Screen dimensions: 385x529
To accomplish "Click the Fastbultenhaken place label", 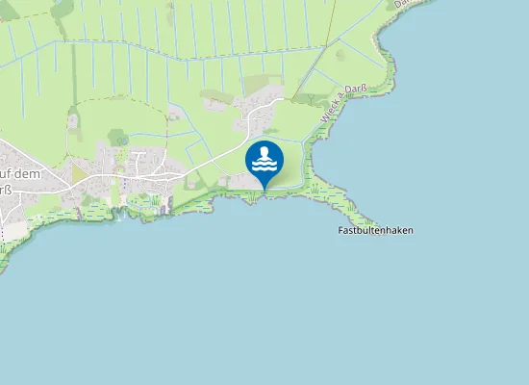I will coord(376,231).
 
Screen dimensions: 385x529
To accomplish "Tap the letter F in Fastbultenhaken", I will coord(341,231).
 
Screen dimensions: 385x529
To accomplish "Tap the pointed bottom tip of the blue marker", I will coord(264,190).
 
